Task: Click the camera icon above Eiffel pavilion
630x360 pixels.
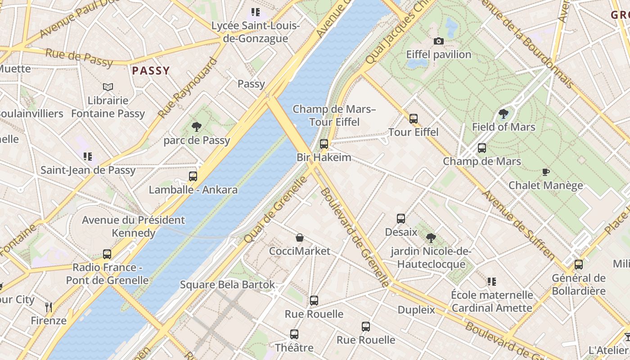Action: point(438,41)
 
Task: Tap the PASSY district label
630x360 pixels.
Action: point(151,71)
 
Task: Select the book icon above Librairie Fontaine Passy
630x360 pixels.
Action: point(108,87)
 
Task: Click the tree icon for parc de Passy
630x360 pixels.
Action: point(196,127)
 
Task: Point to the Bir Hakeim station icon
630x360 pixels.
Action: point(324,144)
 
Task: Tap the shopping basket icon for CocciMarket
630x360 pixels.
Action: point(300,238)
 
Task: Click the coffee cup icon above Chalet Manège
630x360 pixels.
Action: point(545,172)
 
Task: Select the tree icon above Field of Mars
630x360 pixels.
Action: point(503,114)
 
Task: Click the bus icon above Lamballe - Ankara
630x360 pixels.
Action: point(193,176)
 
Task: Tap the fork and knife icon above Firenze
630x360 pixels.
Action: point(49,307)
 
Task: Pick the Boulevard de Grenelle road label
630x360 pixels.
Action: point(354,237)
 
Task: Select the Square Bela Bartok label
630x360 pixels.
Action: point(227,285)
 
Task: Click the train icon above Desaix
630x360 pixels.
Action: point(401,219)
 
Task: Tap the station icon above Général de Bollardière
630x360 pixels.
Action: point(579,265)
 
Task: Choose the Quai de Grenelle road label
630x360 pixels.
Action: point(275,210)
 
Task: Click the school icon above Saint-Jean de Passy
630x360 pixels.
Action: point(88,157)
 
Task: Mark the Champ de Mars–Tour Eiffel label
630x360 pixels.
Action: point(334,116)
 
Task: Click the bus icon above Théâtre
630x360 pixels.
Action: point(294,334)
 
